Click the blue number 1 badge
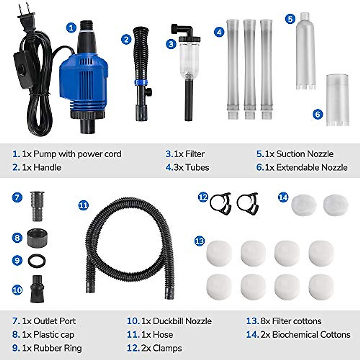71,28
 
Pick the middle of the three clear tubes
249,69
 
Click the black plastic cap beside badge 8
37,238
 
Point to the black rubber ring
37,261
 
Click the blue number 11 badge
83,205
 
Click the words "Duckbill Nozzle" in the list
182,321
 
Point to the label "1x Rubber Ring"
52,348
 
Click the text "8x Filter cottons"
291,321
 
